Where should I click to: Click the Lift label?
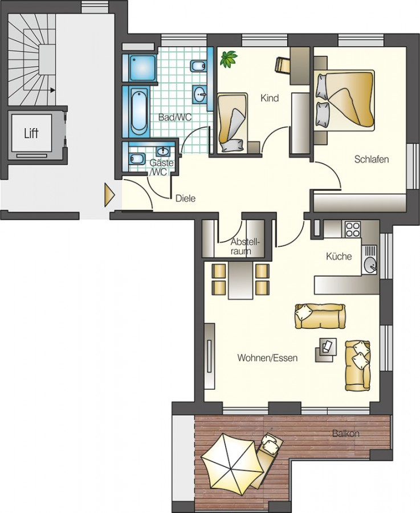(x=31, y=133)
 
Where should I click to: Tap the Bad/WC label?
(x=175, y=117)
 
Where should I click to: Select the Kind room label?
(x=270, y=98)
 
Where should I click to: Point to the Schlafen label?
(x=372, y=160)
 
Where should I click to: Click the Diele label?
(x=185, y=198)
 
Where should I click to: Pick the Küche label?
(x=339, y=256)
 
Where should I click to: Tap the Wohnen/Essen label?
(x=268, y=358)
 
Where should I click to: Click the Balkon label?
(x=346, y=434)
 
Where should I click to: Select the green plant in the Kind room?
(x=229, y=59)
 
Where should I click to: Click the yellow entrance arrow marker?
(x=109, y=195)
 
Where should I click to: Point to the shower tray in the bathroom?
(x=142, y=68)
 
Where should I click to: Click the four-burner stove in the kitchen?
(x=353, y=229)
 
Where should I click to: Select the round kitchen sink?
(x=370, y=264)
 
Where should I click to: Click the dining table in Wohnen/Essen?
(x=241, y=280)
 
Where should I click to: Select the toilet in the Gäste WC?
(x=137, y=158)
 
